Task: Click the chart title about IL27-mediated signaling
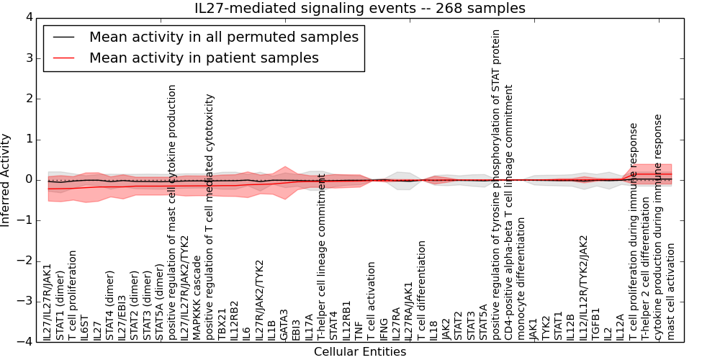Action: click(360, 9)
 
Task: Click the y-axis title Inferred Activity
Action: click(6, 179)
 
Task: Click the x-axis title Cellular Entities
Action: click(360, 352)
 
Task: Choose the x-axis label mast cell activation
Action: click(671, 291)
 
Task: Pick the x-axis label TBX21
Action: click(222, 325)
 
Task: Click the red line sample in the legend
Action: click(63, 58)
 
